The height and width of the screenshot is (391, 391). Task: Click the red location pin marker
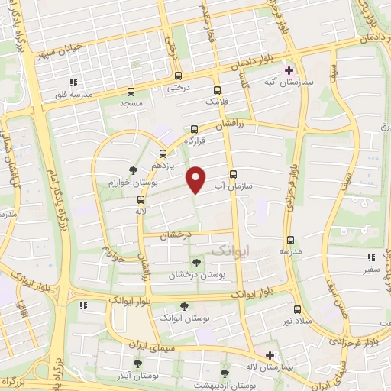tap(196, 179)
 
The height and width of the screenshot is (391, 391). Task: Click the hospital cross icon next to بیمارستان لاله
tap(270, 355)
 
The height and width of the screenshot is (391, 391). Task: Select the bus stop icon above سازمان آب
tap(232, 174)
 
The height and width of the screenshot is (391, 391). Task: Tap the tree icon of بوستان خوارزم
tap(134, 170)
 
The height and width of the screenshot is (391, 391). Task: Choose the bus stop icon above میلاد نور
tap(297, 309)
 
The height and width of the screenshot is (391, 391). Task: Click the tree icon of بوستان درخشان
tap(197, 262)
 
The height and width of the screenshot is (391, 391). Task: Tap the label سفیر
tap(370, 270)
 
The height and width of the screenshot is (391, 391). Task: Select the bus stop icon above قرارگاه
tap(194, 129)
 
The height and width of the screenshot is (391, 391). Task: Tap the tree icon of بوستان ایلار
tap(138, 364)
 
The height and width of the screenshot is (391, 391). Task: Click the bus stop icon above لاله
tap(141, 198)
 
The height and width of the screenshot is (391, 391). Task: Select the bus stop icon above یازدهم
tap(162, 153)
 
